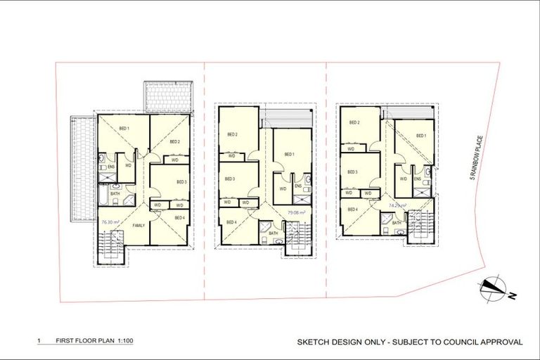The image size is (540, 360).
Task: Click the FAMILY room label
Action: click(x=139, y=226)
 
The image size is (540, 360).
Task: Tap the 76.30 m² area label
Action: click(x=108, y=221)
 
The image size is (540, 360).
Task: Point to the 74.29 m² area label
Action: click(x=397, y=206)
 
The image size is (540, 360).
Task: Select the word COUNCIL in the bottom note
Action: click(x=456, y=342)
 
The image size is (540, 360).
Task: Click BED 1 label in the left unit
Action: click(x=124, y=128)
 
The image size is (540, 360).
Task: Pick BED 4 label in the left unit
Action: click(x=179, y=218)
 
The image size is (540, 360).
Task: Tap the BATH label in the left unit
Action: click(x=115, y=193)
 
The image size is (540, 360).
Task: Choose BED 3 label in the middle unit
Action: click(x=230, y=179)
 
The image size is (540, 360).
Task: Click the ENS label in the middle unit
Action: click(x=297, y=186)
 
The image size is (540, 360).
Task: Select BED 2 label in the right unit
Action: click(x=355, y=122)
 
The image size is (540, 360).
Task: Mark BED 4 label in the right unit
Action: click(x=352, y=210)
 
